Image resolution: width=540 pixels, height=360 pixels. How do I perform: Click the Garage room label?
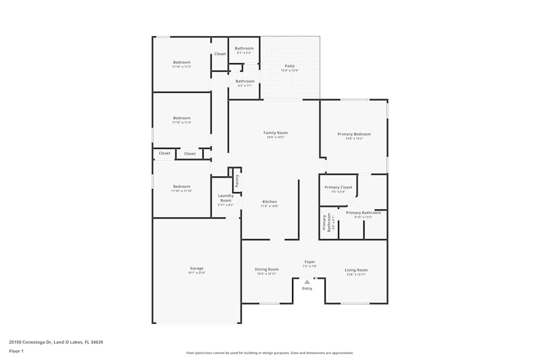click(x=197, y=268)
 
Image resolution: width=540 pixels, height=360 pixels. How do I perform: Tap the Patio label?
click(x=290, y=66)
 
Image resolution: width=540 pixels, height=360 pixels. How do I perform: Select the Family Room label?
click(x=275, y=133)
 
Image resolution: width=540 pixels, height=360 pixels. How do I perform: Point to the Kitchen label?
click(x=269, y=201)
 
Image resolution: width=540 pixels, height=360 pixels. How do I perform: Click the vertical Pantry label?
click(x=237, y=180)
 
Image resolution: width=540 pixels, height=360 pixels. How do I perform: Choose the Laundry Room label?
click(x=226, y=198)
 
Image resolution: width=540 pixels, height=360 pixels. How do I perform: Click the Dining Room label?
click(x=267, y=269)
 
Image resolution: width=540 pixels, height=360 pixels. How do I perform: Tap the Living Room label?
click(x=356, y=270)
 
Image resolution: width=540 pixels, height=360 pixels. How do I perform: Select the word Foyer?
click(x=310, y=262)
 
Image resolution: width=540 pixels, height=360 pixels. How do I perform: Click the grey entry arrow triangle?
click(x=307, y=282)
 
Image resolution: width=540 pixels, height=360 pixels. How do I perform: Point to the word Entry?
click(x=307, y=289)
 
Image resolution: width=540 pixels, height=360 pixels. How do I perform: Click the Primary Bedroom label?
click(x=354, y=134)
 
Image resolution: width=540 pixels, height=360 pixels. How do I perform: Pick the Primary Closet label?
click(x=338, y=187)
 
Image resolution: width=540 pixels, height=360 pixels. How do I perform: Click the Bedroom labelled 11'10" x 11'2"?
click(x=181, y=62)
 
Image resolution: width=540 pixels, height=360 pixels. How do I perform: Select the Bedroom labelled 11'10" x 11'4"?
click(x=181, y=118)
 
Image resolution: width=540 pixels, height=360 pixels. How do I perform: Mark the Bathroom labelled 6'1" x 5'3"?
click(x=244, y=49)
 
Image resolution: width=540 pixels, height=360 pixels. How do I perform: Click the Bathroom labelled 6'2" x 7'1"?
click(x=245, y=81)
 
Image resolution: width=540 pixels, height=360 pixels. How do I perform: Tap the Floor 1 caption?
click(x=16, y=351)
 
